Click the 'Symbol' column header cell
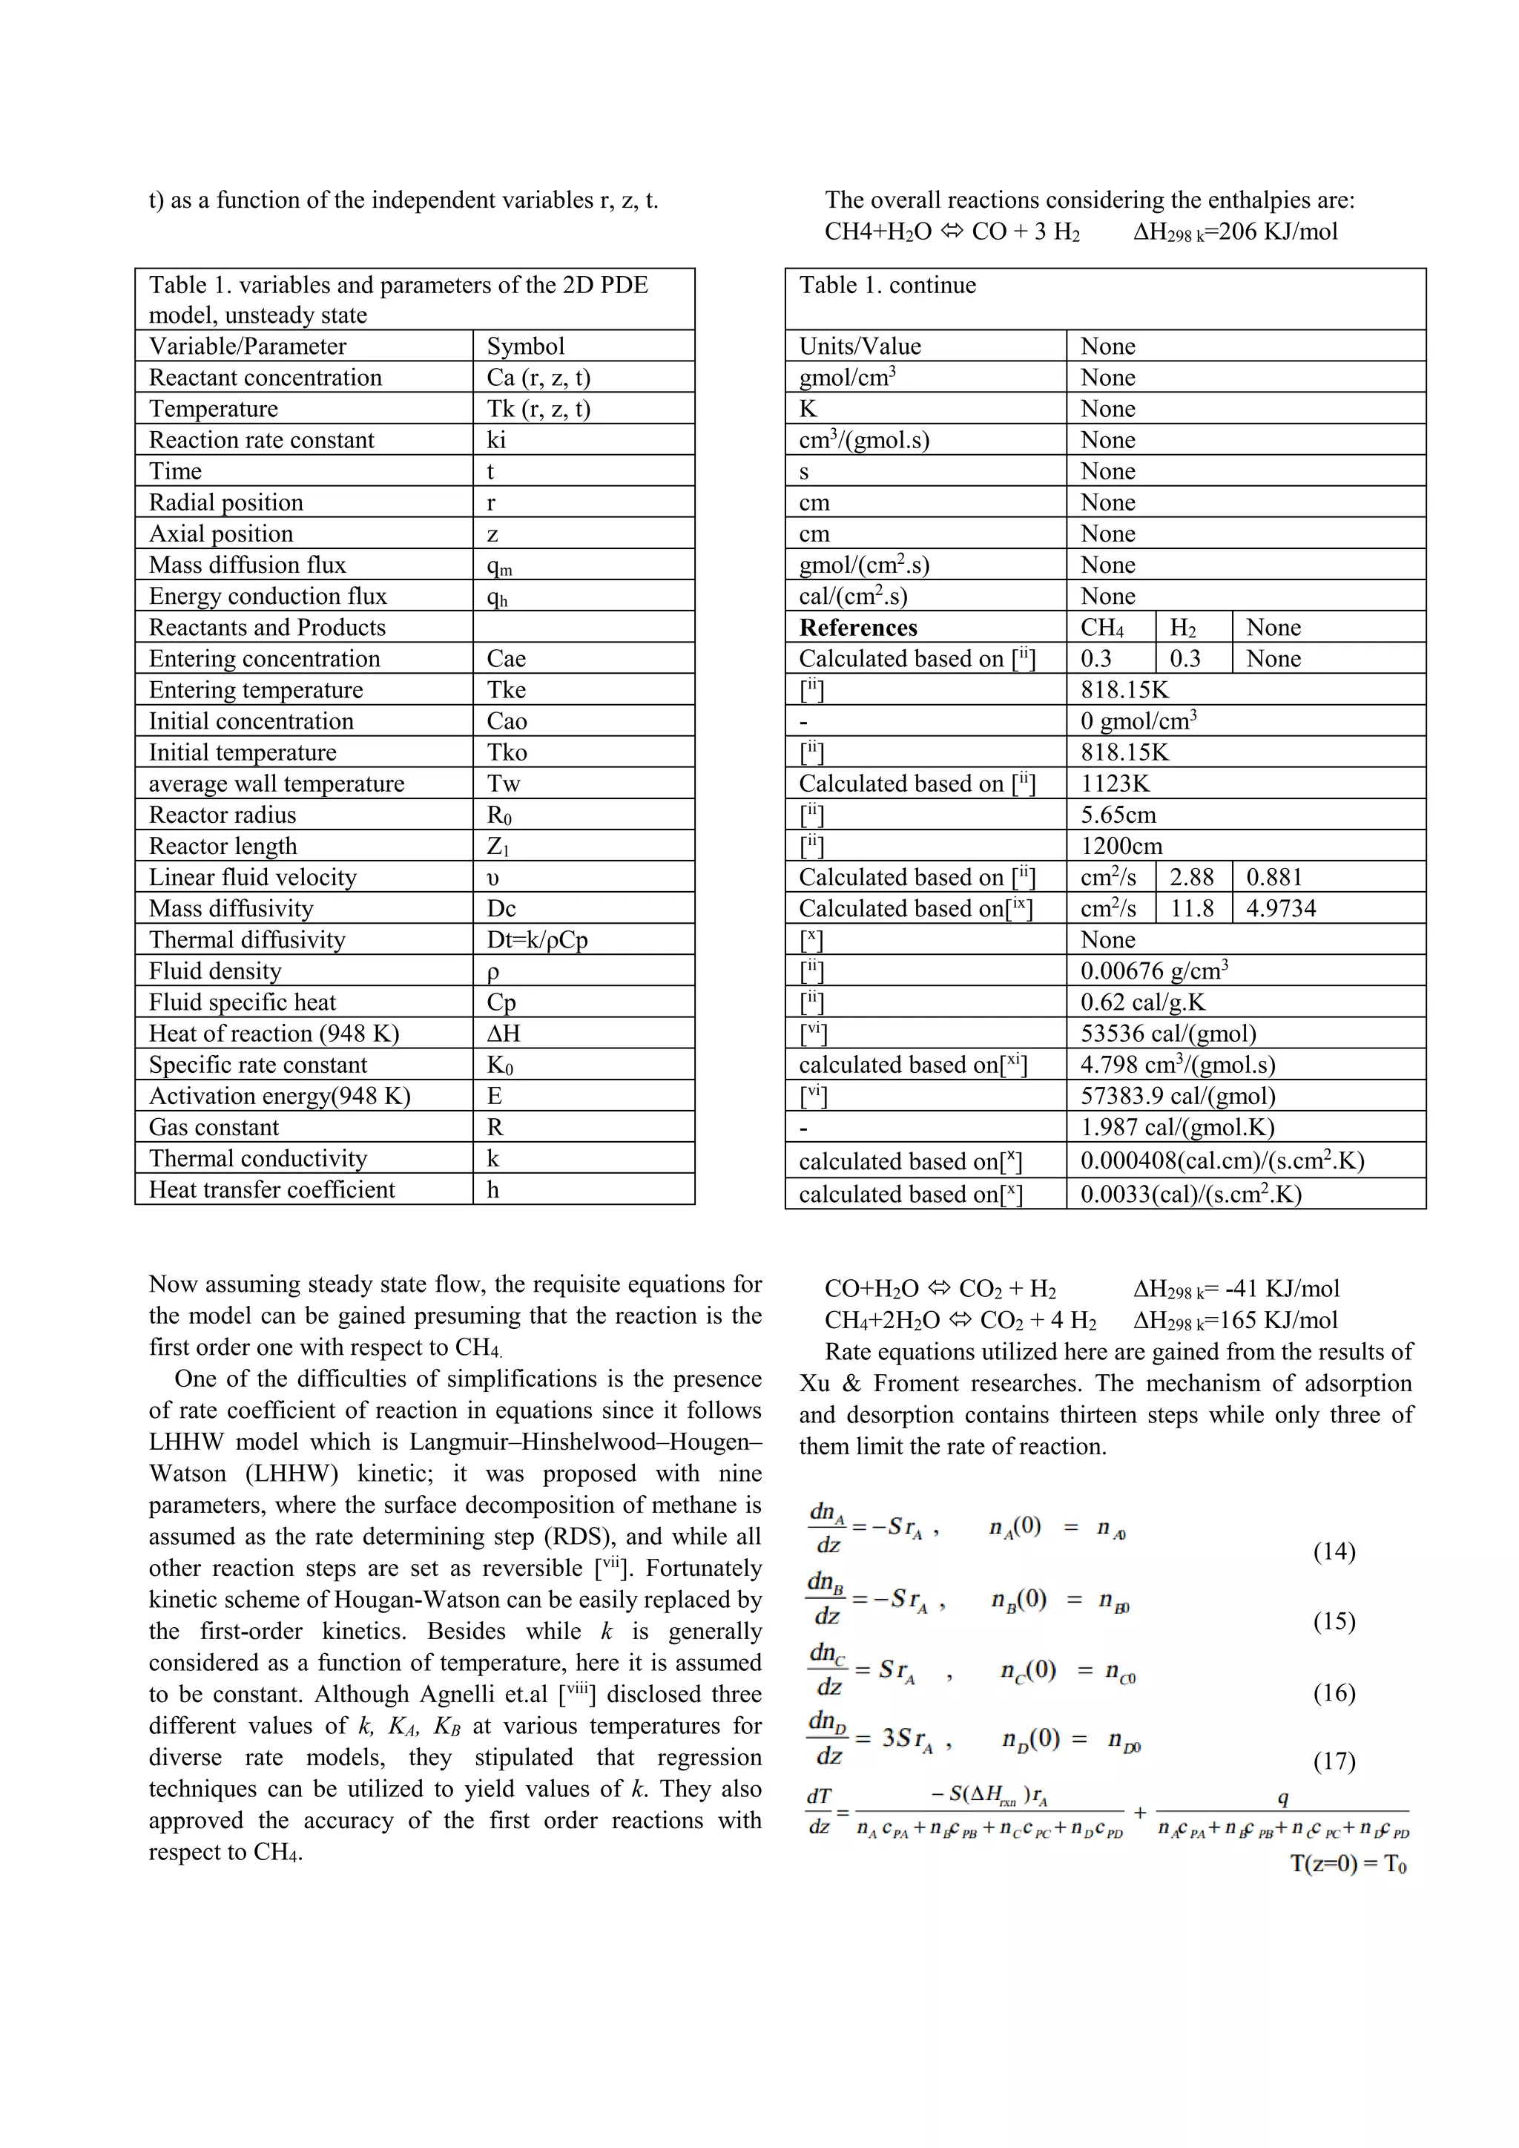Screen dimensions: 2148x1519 click(526, 346)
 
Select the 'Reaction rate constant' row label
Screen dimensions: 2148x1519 click(261, 440)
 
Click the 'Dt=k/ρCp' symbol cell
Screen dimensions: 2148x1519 click(537, 939)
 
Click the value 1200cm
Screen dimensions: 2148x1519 click(1121, 846)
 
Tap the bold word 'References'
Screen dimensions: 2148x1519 click(857, 628)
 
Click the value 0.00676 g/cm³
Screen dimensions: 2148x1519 click(1154, 971)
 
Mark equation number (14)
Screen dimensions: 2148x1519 click(1334, 1551)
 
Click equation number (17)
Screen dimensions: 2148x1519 click(1334, 1761)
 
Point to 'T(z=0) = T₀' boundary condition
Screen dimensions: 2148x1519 click(1348, 1864)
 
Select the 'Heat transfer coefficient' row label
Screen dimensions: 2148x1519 click(271, 1189)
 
